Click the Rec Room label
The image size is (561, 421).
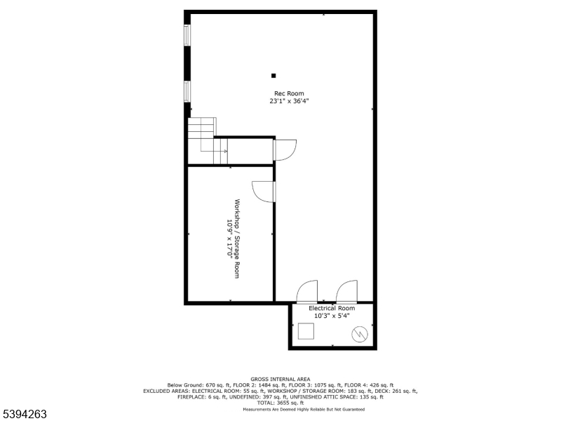(289, 93)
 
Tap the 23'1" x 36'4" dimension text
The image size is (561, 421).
(289, 101)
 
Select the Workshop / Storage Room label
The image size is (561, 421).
(237, 239)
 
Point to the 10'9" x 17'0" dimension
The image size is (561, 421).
(229, 239)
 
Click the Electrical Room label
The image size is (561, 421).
(332, 308)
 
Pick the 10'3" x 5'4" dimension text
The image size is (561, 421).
(332, 316)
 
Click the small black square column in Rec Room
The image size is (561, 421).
(273, 76)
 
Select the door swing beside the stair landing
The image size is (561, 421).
(284, 149)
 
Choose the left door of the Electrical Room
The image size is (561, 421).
(307, 292)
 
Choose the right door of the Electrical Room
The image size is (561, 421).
(346, 292)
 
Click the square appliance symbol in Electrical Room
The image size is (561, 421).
(306, 330)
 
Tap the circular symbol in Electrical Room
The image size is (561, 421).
(359, 333)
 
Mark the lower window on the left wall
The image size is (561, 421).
(187, 92)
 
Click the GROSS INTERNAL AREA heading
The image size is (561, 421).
(280, 379)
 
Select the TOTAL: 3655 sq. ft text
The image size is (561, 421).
(280, 403)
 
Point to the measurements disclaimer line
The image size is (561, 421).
(280, 408)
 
